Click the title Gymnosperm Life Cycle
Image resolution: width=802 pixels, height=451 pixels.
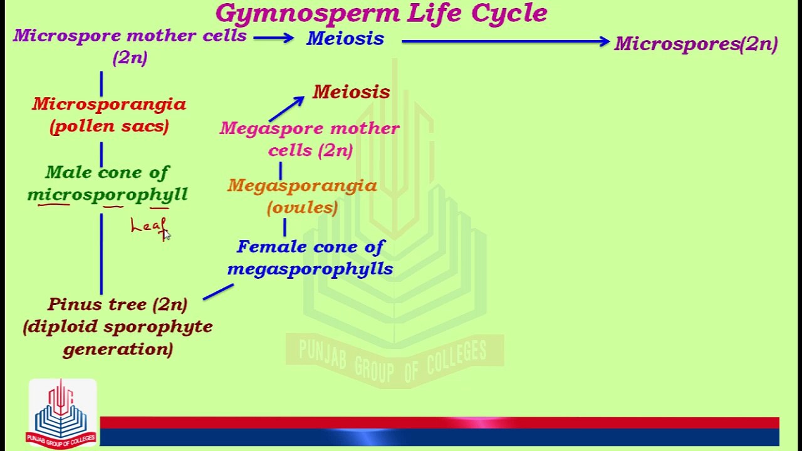(x=381, y=13)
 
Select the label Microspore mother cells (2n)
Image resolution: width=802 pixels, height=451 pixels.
(x=130, y=46)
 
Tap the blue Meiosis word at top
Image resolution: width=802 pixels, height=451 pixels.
(x=345, y=39)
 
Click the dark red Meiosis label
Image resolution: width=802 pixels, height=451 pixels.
(x=351, y=92)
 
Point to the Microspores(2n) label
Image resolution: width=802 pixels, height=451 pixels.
(x=695, y=44)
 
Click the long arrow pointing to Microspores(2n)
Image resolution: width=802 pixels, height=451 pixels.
(x=504, y=41)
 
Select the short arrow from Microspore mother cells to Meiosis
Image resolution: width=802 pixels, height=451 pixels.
(x=273, y=38)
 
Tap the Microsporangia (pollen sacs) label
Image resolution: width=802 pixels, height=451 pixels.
(x=109, y=115)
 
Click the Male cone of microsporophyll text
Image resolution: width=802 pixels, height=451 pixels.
(x=107, y=183)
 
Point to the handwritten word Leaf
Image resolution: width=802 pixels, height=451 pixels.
(x=148, y=226)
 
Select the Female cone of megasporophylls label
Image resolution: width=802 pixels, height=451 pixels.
(x=310, y=257)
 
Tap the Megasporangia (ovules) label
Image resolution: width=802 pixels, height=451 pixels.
(x=302, y=196)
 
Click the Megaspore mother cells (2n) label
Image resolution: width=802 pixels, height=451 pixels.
(x=310, y=139)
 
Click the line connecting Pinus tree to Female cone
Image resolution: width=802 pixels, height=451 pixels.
(x=218, y=292)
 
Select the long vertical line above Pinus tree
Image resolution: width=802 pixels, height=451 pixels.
(x=102, y=254)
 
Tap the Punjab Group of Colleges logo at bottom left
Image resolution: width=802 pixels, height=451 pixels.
(x=61, y=413)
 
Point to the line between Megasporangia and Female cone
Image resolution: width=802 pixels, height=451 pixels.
(x=285, y=227)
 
